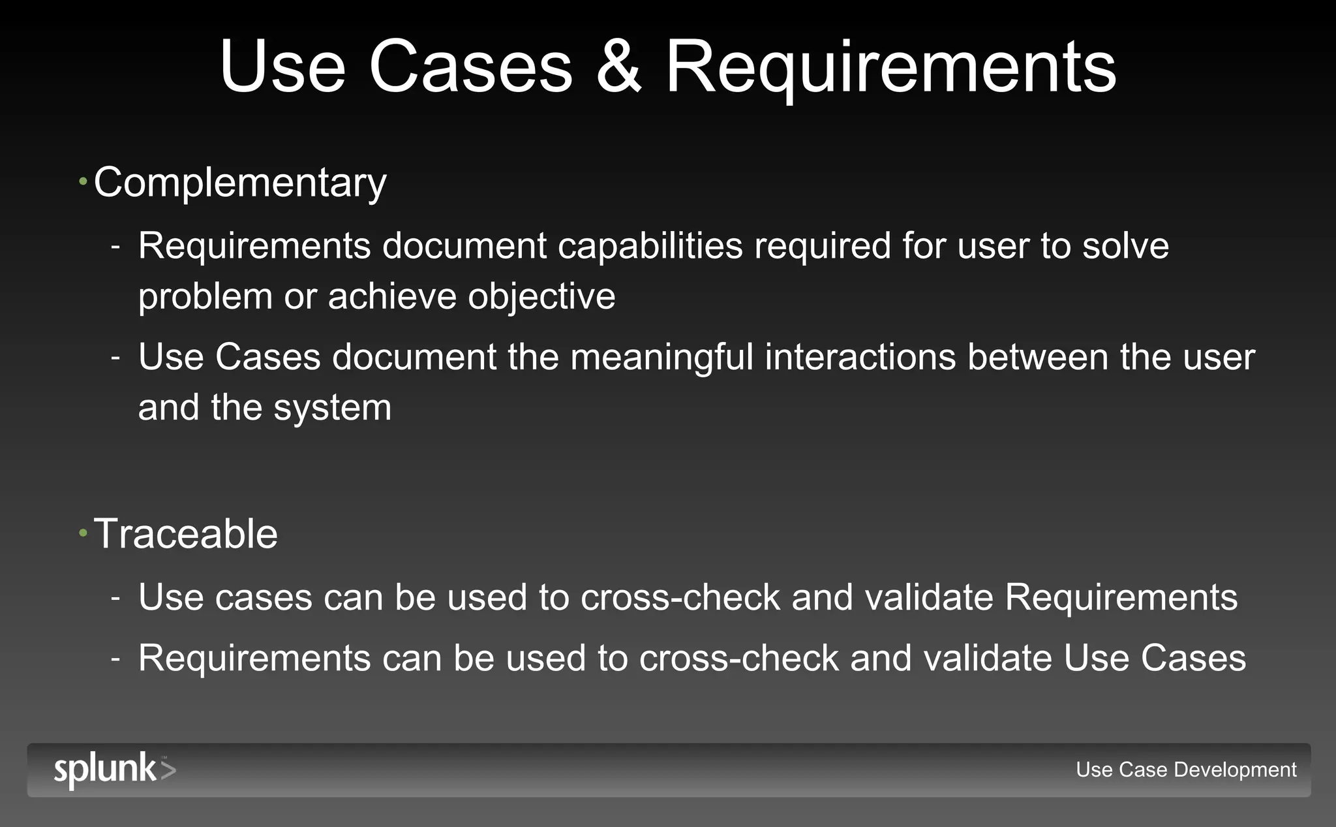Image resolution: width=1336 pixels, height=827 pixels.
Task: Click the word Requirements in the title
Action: (890, 68)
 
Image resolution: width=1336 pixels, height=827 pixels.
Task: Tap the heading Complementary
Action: (240, 182)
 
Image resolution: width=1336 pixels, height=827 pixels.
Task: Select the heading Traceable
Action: (186, 534)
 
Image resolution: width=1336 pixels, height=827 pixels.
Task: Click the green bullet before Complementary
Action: (83, 181)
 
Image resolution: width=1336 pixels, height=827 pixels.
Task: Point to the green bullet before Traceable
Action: (83, 533)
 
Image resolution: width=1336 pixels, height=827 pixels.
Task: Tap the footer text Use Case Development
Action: (1186, 770)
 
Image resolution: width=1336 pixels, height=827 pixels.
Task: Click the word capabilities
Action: (650, 246)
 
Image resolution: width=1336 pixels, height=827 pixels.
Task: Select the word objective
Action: (541, 296)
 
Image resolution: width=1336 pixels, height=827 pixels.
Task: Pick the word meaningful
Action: (661, 358)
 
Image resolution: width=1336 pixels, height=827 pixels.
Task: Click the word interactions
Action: (860, 357)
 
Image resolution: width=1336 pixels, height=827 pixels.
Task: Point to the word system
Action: (332, 408)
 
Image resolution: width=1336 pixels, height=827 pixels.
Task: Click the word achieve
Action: (391, 296)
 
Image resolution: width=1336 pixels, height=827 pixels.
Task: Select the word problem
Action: (205, 297)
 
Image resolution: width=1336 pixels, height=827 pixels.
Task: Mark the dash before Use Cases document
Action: (115, 358)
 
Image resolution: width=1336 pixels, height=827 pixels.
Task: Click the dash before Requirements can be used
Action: (115, 658)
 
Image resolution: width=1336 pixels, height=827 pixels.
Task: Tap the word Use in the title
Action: (282, 68)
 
